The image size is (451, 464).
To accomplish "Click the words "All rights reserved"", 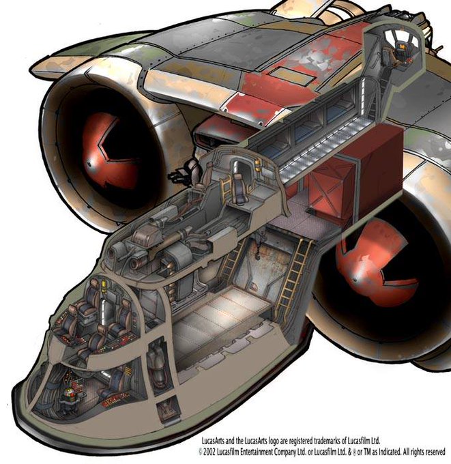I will (x=419, y=451).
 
